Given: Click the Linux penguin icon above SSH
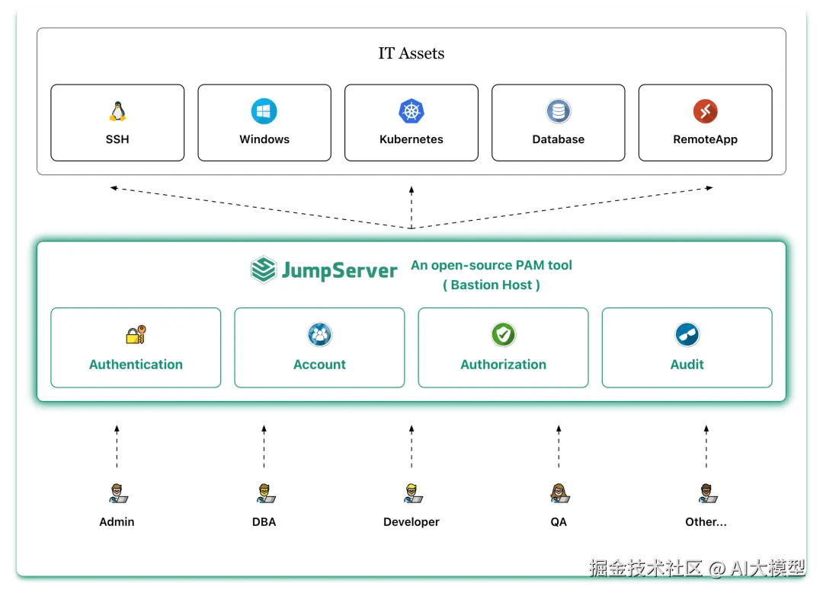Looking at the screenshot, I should point(117,112).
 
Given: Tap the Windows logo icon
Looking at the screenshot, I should point(264,112).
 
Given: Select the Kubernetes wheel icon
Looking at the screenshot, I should point(411,112).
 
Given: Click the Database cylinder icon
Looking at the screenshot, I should point(559,112).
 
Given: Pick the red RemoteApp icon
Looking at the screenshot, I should point(705,112).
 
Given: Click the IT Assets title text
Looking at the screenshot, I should point(411,53).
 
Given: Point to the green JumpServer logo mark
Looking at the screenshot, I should point(264,270).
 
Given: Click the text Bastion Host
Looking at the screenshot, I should point(492,285).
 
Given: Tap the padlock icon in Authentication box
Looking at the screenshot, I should point(136,335).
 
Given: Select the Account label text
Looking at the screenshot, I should point(319,365).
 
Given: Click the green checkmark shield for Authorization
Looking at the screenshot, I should point(503,335).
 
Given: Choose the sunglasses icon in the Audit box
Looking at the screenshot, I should point(687,335).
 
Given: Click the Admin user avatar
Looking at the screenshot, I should point(117,493).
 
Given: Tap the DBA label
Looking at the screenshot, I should point(264,522).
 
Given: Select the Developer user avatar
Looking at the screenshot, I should point(412,493).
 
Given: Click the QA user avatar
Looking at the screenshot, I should point(559,493).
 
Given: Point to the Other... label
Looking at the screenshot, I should point(706,522).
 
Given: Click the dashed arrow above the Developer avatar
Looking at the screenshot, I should point(411,447).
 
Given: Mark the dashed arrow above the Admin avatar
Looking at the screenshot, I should point(117,447).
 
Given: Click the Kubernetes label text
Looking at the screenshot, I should point(411,139).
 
